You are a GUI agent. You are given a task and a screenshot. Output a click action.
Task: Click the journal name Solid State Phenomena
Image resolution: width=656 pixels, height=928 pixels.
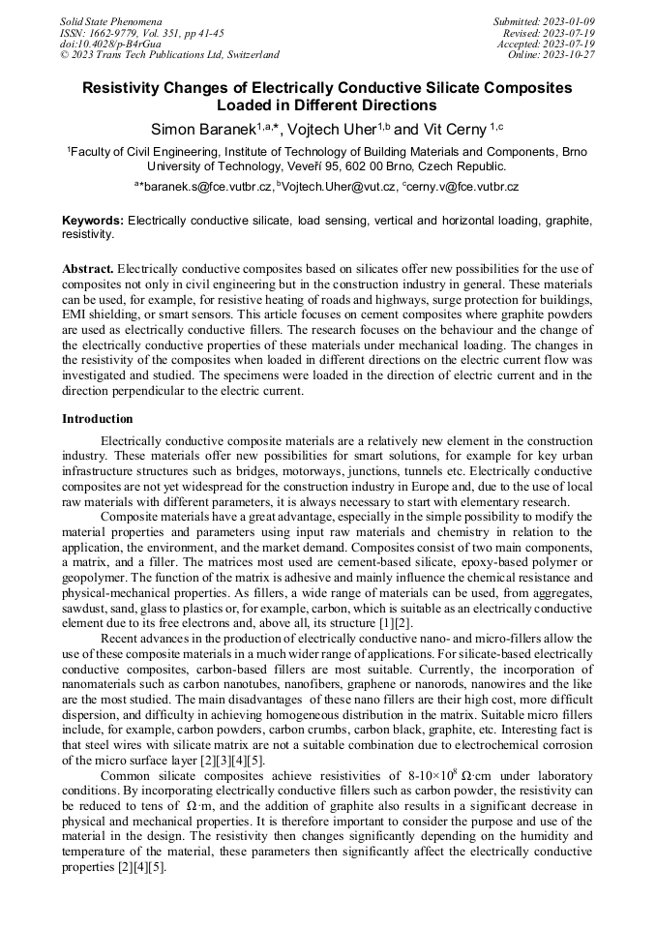point(110,20)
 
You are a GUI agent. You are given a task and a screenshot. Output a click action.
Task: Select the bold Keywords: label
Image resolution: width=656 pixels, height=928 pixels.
point(93,221)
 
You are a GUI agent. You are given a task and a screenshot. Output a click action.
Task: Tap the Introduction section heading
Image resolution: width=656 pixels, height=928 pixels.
point(98,418)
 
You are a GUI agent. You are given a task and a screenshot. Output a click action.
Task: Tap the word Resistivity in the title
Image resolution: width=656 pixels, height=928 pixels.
point(127,88)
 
